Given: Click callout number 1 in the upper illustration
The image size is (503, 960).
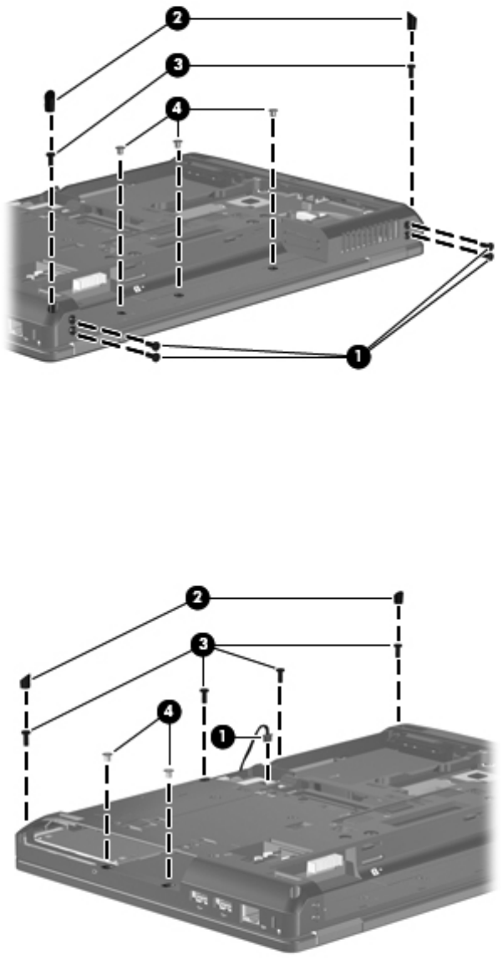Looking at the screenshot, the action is (x=358, y=355).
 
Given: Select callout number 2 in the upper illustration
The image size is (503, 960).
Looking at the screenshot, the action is (x=177, y=19).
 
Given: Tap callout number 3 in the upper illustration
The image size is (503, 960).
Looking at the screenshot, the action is (x=177, y=65).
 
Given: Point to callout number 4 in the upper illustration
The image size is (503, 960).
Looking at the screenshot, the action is (x=177, y=110).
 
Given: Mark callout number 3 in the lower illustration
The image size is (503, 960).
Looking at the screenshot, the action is (x=202, y=645).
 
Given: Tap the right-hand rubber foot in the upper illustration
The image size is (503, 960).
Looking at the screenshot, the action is (x=413, y=22).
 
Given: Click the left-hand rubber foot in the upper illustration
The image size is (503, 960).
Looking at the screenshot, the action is (x=52, y=98).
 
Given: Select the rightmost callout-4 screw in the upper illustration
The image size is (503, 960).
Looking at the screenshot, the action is (x=273, y=113).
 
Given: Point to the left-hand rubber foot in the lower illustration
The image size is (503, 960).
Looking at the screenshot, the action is (x=26, y=680).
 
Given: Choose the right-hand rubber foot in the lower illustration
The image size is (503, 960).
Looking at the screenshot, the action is (x=399, y=597).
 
